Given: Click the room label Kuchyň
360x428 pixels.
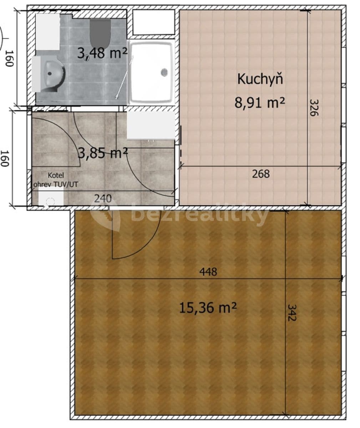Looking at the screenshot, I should (x=260, y=79).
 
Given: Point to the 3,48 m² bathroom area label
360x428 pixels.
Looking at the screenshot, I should (x=102, y=53).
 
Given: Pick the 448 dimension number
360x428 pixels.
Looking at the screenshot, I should (x=208, y=272).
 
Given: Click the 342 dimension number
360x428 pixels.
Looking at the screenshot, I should (x=292, y=312).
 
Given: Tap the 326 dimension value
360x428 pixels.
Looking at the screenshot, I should (x=313, y=107).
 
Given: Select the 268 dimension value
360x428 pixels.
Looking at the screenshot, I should (x=261, y=174).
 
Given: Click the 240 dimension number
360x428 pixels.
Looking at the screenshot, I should (x=103, y=198).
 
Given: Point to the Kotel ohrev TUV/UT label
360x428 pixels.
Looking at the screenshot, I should (x=56, y=180).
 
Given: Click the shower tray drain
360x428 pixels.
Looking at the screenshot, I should (x=164, y=72).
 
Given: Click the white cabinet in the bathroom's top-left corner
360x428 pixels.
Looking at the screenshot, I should (x=47, y=32).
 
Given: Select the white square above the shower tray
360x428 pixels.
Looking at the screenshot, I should (x=153, y=22).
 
